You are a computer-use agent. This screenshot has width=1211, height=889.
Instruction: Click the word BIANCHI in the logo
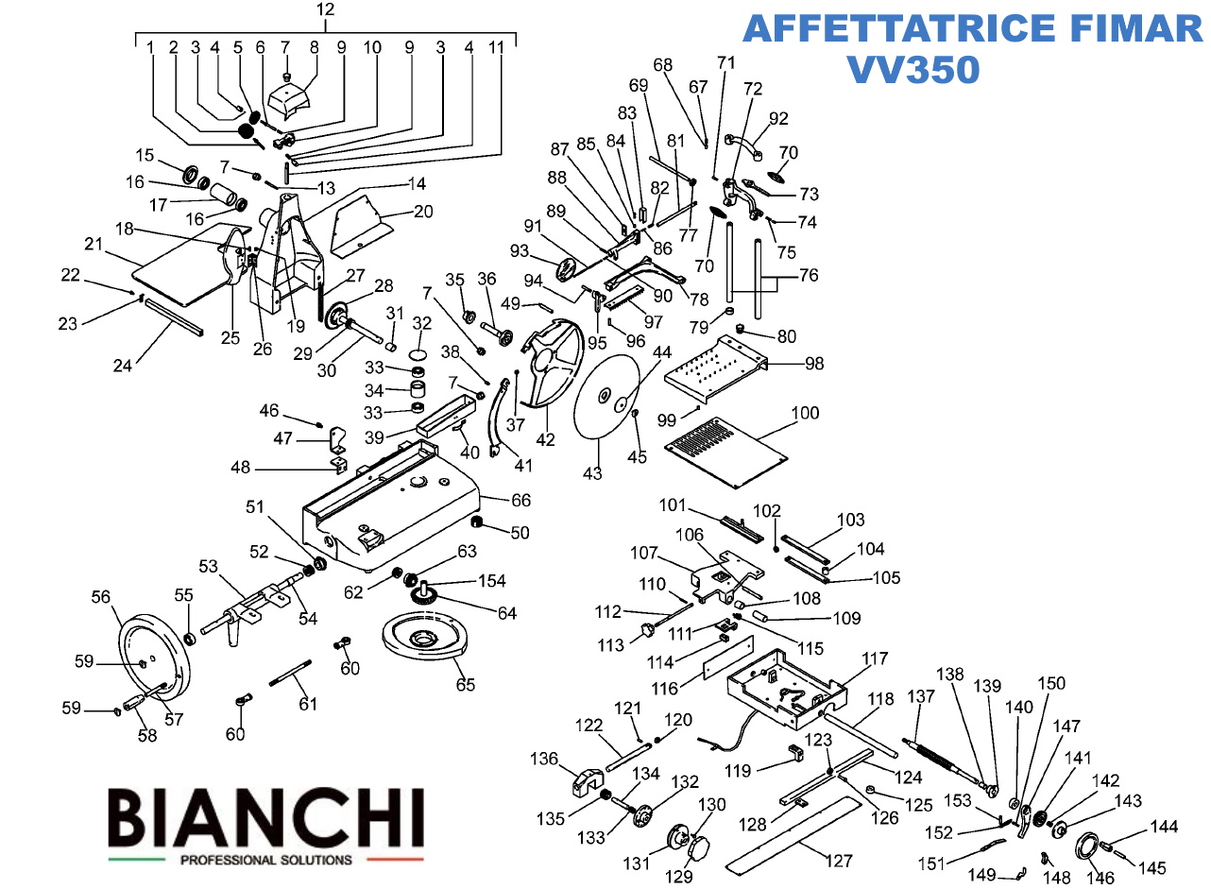pos(265,819)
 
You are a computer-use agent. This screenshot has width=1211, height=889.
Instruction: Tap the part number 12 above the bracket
pos(325,10)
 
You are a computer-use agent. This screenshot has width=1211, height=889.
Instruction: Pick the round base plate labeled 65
pos(426,643)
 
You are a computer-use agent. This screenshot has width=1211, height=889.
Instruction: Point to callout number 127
pos(839,861)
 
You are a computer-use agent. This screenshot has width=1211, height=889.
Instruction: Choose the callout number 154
pos(491,581)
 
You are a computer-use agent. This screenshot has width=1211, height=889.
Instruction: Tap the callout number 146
pos(1099,878)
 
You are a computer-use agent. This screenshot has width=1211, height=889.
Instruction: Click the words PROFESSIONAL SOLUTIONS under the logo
pos(265,860)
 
